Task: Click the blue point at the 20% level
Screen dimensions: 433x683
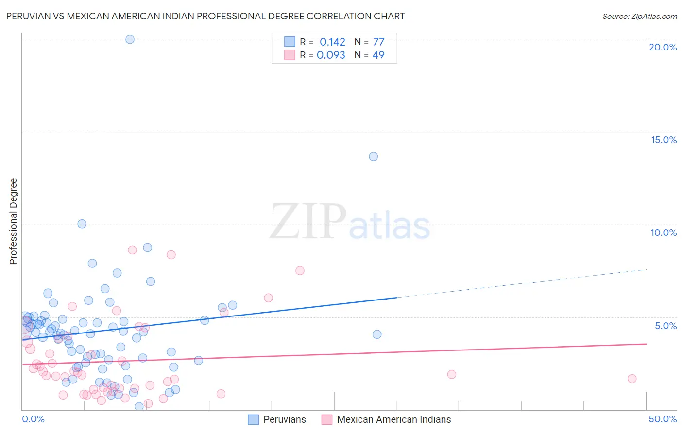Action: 130,39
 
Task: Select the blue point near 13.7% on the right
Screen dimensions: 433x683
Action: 373,156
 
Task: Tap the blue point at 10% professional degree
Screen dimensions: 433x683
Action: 82,224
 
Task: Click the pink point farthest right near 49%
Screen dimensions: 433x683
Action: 632,379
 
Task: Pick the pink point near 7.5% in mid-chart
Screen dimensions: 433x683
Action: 300,270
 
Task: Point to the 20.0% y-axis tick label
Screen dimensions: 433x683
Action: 663,47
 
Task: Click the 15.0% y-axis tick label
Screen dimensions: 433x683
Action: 664,140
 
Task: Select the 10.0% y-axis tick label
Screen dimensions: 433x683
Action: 664,233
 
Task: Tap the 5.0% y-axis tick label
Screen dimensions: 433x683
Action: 666,326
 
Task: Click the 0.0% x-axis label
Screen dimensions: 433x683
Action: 33,419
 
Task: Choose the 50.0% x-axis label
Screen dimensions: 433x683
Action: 663,419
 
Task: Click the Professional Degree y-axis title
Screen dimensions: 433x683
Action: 13,221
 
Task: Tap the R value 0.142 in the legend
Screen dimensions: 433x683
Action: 332,42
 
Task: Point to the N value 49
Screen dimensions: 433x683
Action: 378,55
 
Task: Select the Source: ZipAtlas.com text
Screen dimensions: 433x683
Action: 639,16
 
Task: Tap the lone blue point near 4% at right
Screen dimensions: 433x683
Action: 377,334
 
